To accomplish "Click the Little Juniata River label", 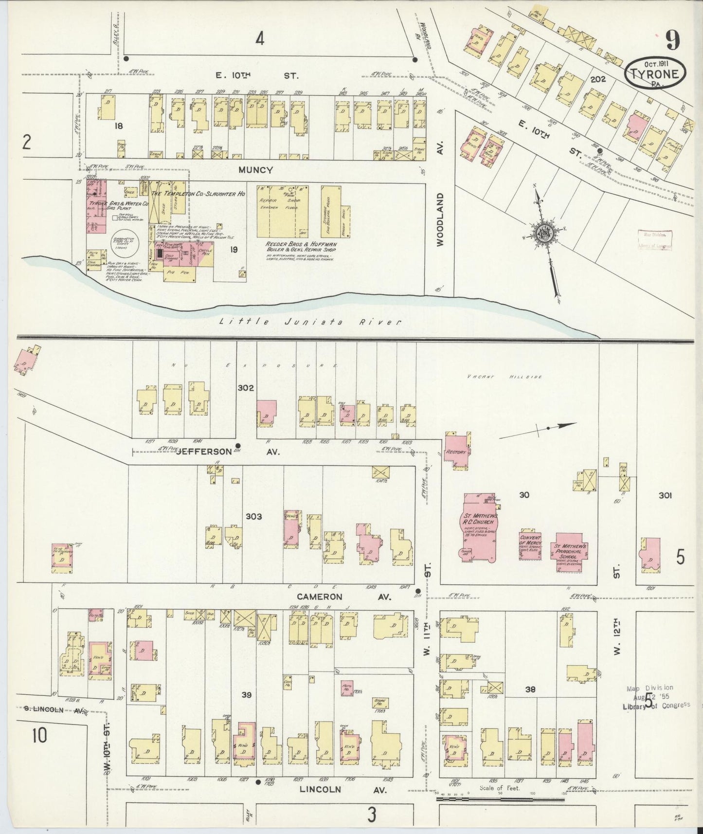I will pyautogui.click(x=310, y=322).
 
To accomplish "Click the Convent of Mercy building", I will pyautogui.click(x=530, y=544).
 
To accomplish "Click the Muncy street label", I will pyautogui.click(x=255, y=170).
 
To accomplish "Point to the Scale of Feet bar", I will pyautogui.click(x=500, y=798).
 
